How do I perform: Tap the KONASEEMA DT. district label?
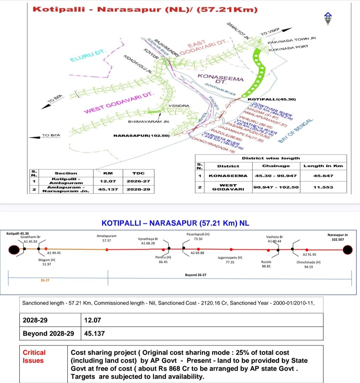[x=220, y=79]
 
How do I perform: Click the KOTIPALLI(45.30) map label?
[x=272, y=99]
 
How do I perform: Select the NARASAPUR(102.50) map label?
[x=142, y=136]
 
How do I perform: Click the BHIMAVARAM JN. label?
[x=149, y=122]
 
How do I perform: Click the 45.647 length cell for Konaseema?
[x=323, y=175]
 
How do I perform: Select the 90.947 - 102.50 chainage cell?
[x=276, y=187]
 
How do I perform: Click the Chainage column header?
[x=276, y=166]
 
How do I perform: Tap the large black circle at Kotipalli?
[x=14, y=249]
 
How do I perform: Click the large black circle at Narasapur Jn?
[x=348, y=249]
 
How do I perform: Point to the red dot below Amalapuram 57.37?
[x=107, y=250]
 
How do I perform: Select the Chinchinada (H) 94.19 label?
[x=308, y=264]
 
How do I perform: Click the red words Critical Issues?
[x=34, y=356]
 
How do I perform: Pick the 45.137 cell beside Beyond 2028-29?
[x=94, y=333]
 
